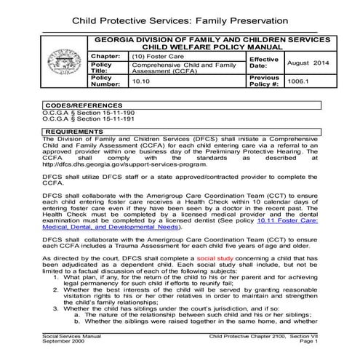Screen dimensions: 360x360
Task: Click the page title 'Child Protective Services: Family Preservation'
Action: (x=179, y=17)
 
